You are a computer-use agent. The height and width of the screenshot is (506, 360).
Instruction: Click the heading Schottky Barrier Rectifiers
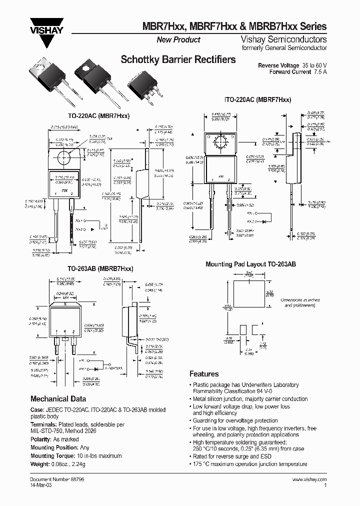pyautogui.click(x=178, y=59)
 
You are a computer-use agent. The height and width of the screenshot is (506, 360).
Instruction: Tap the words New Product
pyautogui.click(x=178, y=40)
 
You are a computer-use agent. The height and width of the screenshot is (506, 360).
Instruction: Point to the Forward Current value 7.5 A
pyautogui.click(x=318, y=72)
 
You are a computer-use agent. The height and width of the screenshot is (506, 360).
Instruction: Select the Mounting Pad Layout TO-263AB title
pyautogui.click(x=251, y=263)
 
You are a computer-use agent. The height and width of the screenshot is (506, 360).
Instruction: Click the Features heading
pyautogui.click(x=204, y=373)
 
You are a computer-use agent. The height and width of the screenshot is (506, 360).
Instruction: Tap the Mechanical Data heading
pyautogui.click(x=58, y=399)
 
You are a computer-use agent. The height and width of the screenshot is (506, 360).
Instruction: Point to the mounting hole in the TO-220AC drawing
pyautogui.click(x=64, y=157)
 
